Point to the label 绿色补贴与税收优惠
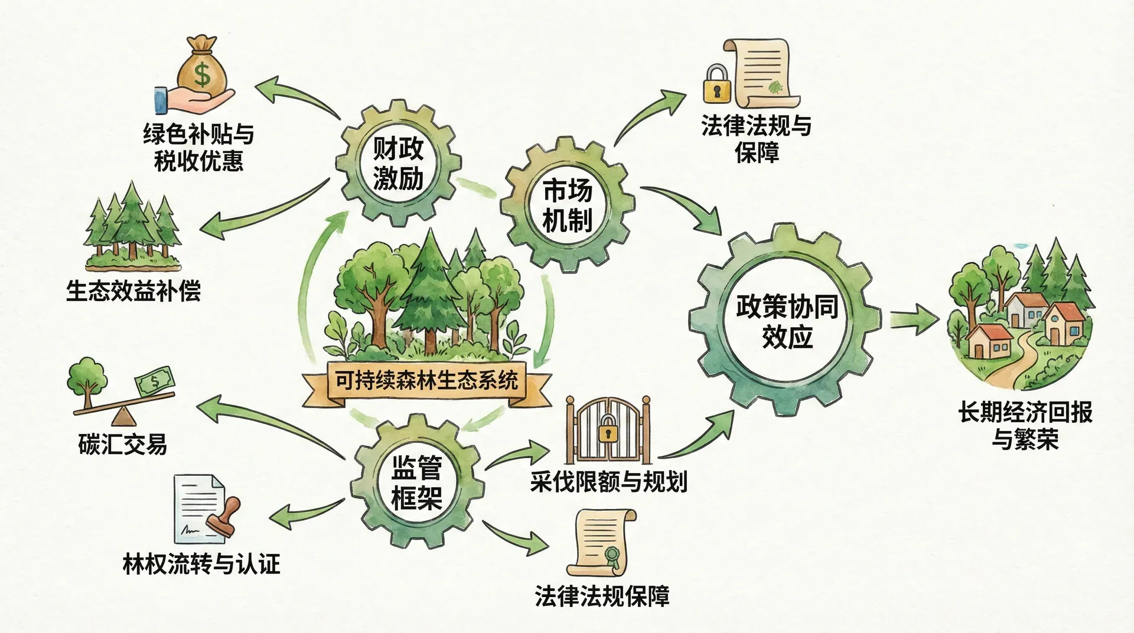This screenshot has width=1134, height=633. click(198, 148)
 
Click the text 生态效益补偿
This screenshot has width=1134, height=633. click(133, 291)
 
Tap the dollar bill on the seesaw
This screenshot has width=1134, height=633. click(155, 381)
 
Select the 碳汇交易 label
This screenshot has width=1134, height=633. click(123, 444)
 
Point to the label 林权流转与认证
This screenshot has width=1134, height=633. click(201, 565)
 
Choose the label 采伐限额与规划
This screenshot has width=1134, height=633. click(608, 482)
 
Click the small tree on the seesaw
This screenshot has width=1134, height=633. click(87, 378)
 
